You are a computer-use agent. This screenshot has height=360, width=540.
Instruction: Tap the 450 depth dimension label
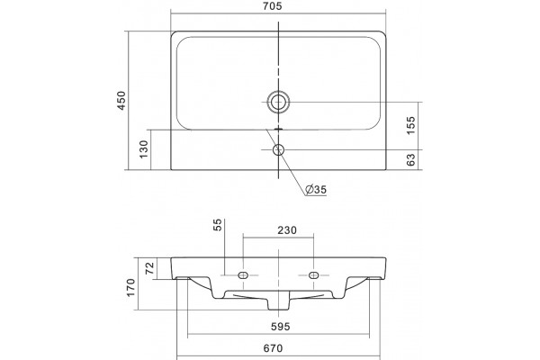pyautogui.click(x=121, y=101)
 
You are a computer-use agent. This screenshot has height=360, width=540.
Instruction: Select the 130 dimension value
pyautogui.click(x=144, y=149)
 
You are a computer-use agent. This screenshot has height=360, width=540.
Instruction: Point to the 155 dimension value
pyautogui.click(x=411, y=125)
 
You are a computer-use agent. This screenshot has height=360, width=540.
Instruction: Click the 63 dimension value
pyautogui.click(x=411, y=159)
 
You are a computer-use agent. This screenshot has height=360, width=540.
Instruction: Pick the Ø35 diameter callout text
pyautogui.click(x=316, y=189)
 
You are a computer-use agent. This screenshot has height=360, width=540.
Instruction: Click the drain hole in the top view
pyautogui.click(x=278, y=102)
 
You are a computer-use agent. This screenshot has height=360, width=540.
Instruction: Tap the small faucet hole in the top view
pyautogui.click(x=278, y=150)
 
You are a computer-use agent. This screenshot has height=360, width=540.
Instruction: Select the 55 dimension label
pyautogui.click(x=219, y=225)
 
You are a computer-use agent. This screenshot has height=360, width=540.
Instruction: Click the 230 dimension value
pyautogui.click(x=287, y=229)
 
